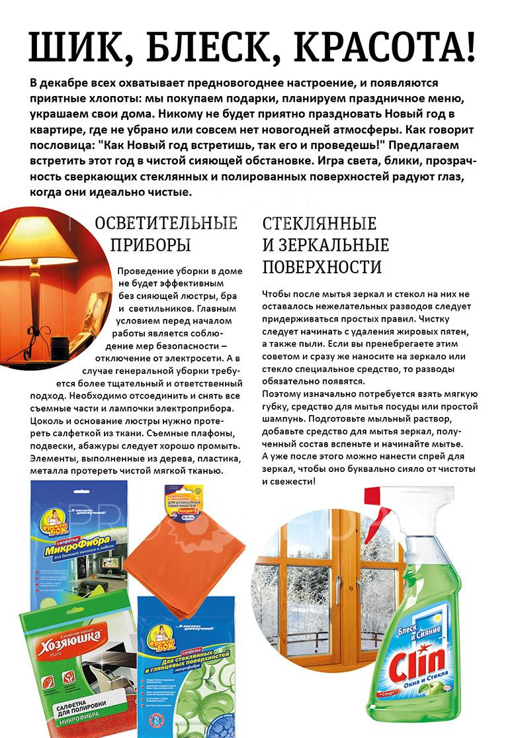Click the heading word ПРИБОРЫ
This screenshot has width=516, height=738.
150,245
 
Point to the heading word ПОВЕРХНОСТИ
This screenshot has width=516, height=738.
322,267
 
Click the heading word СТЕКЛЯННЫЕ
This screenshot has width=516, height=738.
320,223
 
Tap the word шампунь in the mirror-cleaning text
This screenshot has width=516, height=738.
284,418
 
